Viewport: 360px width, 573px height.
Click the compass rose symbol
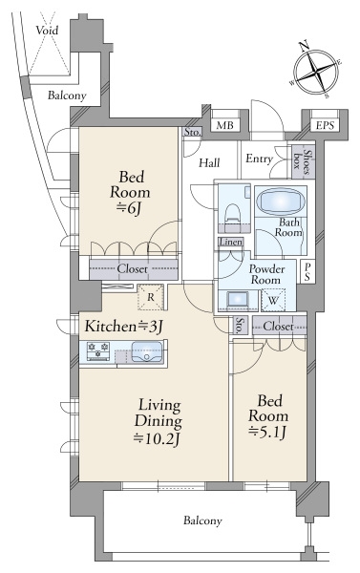coord(315,71)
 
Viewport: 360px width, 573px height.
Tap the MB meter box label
coord(224,126)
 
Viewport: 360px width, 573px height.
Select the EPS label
coord(325,126)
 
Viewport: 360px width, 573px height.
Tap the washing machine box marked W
coord(273,300)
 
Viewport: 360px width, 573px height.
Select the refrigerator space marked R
coord(151,297)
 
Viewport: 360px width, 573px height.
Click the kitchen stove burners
coord(98,350)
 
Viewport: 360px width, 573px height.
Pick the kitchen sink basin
coord(146,351)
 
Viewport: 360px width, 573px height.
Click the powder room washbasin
coord(238,301)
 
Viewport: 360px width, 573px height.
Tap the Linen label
coord(231,242)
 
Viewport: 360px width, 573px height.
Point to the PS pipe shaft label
coord(307,271)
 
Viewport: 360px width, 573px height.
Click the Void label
coord(47,30)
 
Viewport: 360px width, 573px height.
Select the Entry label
coord(259,159)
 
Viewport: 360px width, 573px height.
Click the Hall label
coord(209,162)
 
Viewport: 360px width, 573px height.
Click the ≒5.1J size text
coord(268,433)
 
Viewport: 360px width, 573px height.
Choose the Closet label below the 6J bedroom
coord(133,269)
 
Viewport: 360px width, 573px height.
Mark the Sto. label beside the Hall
coord(192,132)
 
